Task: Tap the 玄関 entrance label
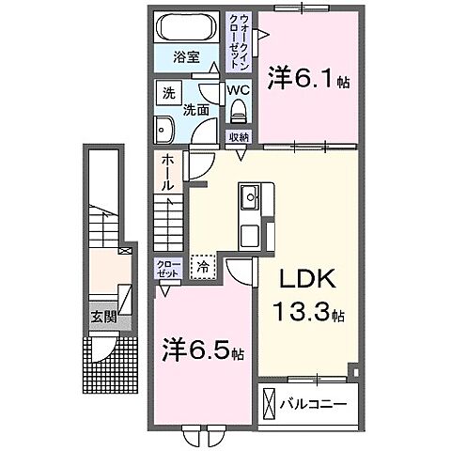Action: [x=103, y=317]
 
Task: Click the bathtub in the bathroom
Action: [x=186, y=27]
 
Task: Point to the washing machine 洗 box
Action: [x=168, y=94]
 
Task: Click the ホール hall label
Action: [x=166, y=173]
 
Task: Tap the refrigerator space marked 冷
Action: [x=203, y=266]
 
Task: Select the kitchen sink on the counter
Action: [x=251, y=198]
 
